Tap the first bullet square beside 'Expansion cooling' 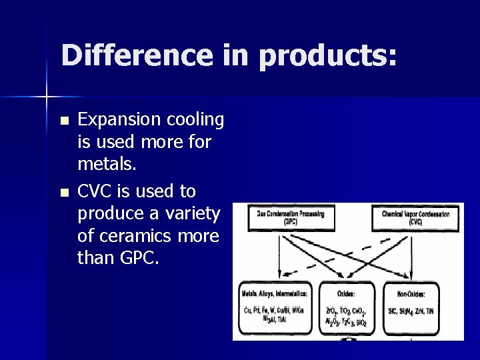(63, 121)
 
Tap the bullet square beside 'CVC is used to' (63, 193)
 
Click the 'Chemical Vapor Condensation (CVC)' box (415, 217)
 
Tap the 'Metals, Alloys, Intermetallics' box (274, 307)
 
